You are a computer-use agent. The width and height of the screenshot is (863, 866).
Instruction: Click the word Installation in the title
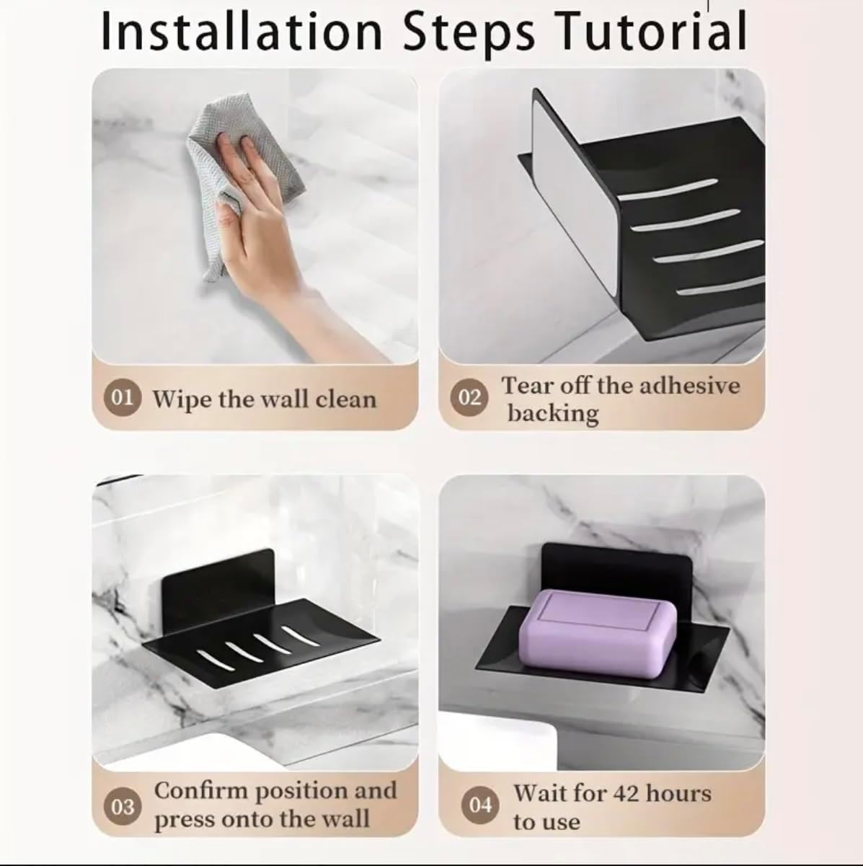(x=242, y=31)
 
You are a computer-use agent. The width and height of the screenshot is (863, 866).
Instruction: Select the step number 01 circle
(x=123, y=398)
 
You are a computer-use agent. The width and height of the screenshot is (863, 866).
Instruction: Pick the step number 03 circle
(x=123, y=807)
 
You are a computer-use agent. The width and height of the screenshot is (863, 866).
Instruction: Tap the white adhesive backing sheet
(x=575, y=193)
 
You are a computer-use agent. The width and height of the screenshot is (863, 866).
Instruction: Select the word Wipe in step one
(x=182, y=399)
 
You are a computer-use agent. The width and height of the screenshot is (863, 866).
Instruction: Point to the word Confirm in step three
(x=201, y=791)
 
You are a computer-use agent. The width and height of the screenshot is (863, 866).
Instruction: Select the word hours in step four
(x=678, y=794)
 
